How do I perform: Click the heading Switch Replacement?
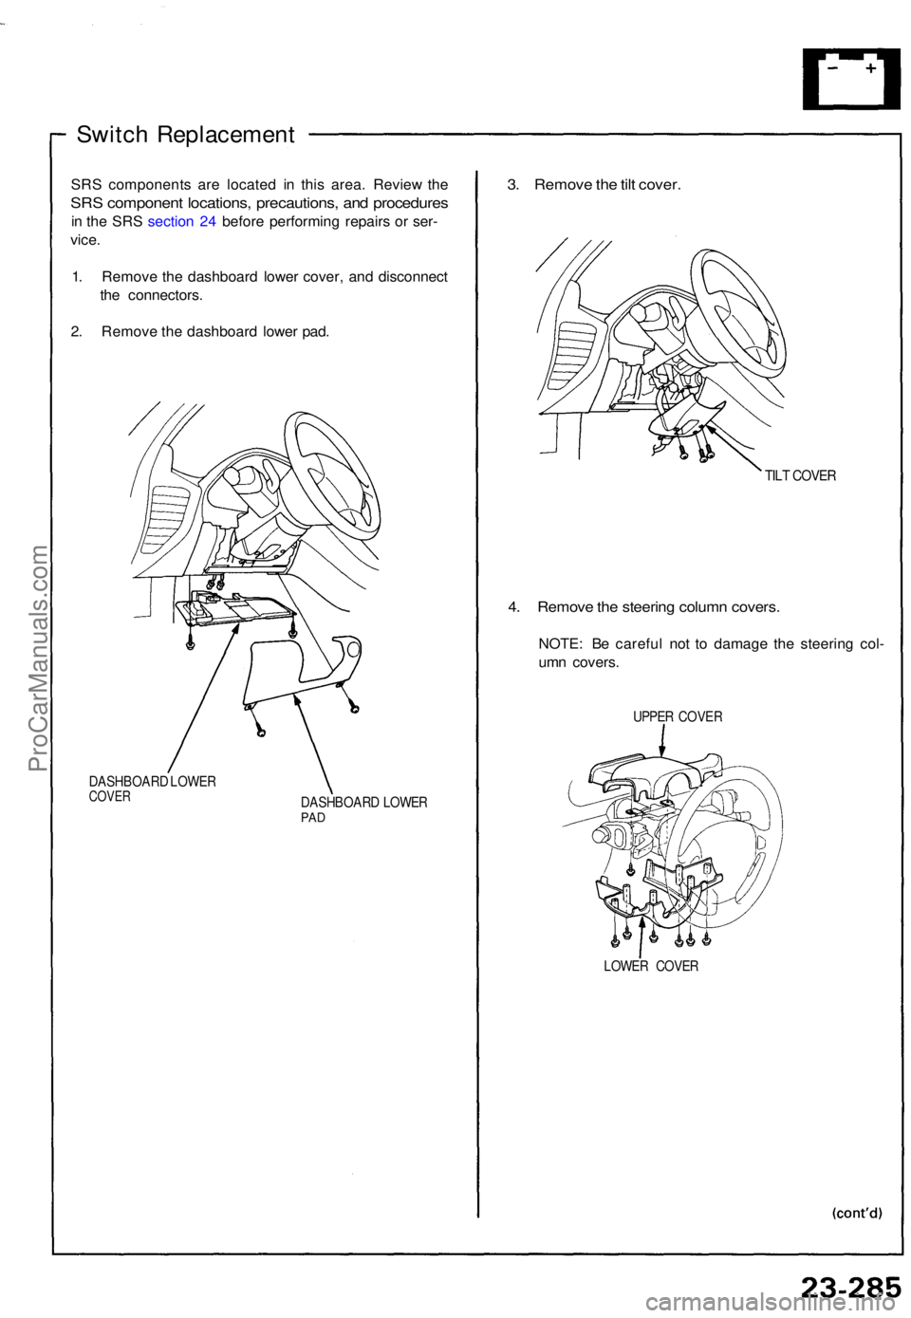[x=185, y=134]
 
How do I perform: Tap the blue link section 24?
[x=182, y=221]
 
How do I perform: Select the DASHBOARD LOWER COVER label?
[x=152, y=789]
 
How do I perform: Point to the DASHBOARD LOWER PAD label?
[x=363, y=809]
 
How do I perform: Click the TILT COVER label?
[x=800, y=475]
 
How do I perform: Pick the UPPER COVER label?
[x=678, y=716]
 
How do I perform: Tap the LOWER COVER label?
[x=650, y=966]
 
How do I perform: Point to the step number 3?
[x=512, y=184]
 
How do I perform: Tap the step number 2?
[x=76, y=331]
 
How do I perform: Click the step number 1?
[x=76, y=277]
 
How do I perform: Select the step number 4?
[x=512, y=605]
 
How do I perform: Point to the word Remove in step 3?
[x=563, y=184]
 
